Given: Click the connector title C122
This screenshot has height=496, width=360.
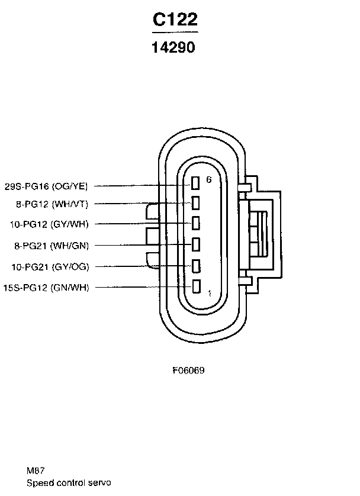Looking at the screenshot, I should pyautogui.click(x=175, y=20).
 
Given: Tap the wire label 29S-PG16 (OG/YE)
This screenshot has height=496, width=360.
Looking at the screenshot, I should pyautogui.click(x=46, y=186).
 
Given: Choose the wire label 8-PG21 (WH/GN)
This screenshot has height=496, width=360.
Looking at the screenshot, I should pyautogui.click(x=50, y=245).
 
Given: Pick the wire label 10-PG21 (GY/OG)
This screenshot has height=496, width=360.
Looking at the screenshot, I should pyautogui.click(x=50, y=266).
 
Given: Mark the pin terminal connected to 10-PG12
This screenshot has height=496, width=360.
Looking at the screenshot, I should pyautogui.click(x=195, y=224).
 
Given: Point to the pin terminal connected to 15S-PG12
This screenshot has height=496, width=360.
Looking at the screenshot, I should pyautogui.click(x=195, y=287).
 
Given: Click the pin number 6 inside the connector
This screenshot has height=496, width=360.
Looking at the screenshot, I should pyautogui.click(x=208, y=179).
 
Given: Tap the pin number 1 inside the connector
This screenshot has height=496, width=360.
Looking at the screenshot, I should pyautogui.click(x=209, y=293).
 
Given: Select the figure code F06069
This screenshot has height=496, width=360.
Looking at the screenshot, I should pyautogui.click(x=188, y=371).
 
